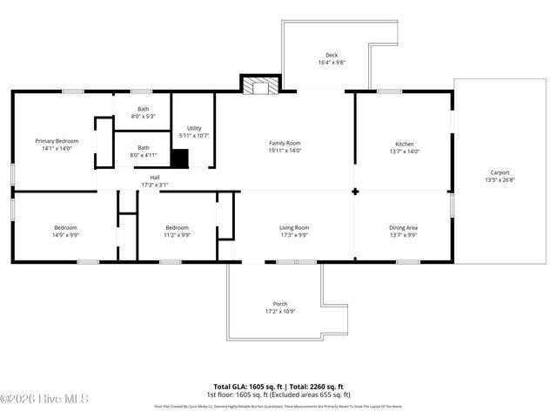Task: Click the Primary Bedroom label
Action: click(57, 141)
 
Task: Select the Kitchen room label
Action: click(405, 144)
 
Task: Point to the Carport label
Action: click(500, 172)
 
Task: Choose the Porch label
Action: click(280, 304)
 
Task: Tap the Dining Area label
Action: click(404, 228)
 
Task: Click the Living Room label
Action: click(293, 228)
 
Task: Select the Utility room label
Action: click(194, 128)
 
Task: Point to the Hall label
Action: click(155, 177)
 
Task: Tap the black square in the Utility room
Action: click(179, 158)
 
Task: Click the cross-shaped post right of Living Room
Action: click(355, 192)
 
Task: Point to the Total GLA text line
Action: click(278, 386)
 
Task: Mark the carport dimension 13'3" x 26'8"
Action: click(500, 180)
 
